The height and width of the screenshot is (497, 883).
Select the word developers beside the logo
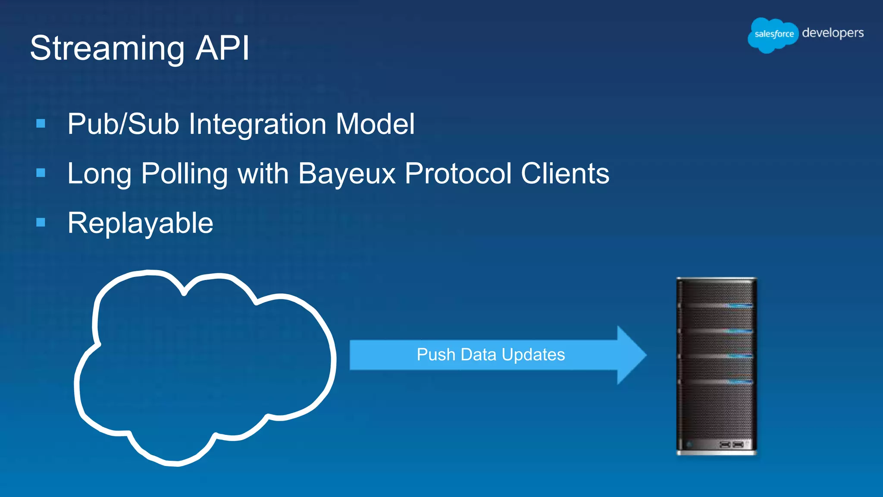pos(833,33)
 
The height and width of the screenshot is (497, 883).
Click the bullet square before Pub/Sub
pos(41,124)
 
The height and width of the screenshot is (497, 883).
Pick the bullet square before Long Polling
pos(41,173)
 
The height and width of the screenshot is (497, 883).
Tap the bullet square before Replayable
pos(41,223)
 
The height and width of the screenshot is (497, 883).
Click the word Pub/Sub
pos(123,124)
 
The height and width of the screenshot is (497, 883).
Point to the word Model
pos(375,124)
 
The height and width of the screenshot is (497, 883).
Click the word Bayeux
pos(347,174)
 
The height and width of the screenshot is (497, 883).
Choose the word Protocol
pos(458,174)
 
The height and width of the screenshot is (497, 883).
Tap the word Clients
pos(565,174)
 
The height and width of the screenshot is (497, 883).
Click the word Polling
pos(185,174)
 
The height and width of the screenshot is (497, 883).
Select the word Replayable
pos(140,223)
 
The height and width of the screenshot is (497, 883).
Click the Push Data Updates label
pos(491,355)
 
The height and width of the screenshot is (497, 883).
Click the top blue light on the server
pos(738,305)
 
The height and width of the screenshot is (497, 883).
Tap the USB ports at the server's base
pos(732,444)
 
